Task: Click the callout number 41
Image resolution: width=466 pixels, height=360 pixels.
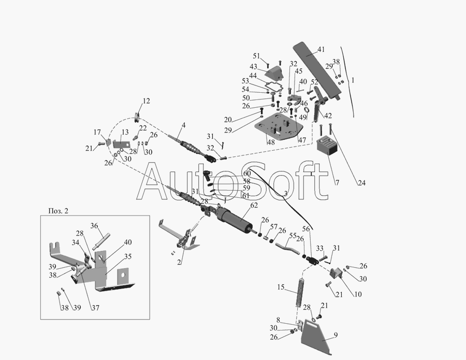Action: tap(321, 49)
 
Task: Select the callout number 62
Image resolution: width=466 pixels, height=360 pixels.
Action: tap(253, 206)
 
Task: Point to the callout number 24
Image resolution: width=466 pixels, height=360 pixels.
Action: tap(361, 182)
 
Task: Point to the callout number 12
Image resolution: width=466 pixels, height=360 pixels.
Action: tap(147, 101)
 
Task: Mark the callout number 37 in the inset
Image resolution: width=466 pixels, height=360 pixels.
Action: tap(95, 307)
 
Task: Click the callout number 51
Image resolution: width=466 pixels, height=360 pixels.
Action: tap(256, 56)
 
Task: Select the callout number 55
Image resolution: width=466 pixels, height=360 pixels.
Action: tap(293, 236)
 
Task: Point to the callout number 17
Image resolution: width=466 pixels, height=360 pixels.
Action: tap(97, 132)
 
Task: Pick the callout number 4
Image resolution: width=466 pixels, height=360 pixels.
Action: tap(183, 125)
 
